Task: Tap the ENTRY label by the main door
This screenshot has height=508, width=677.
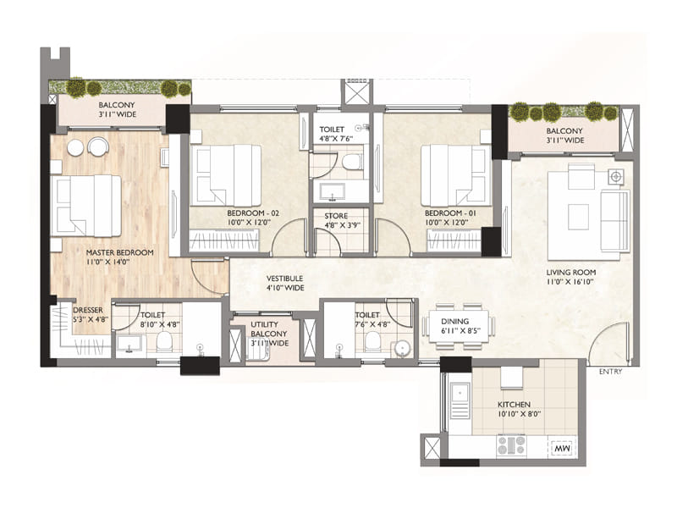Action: pos(610,372)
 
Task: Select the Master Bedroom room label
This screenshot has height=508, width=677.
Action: pos(119,252)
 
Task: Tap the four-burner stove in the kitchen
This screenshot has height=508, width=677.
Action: pos(511,444)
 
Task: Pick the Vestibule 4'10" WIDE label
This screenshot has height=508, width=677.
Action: pos(284,283)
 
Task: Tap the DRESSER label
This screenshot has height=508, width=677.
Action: pos(88,310)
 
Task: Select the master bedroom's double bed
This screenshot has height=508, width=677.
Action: pos(85,206)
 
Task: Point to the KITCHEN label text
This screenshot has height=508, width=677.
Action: pos(515,404)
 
